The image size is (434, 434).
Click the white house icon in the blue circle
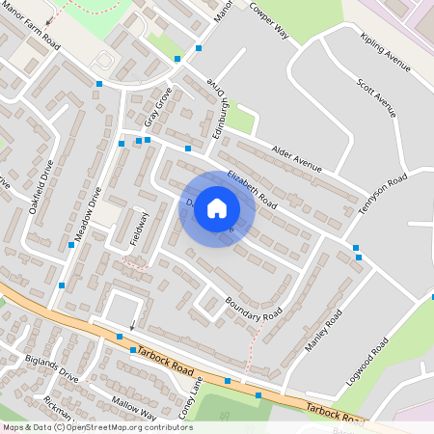[x=217, y=207]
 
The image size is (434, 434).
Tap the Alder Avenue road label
[x=296, y=159]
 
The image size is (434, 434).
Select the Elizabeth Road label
[x=252, y=190]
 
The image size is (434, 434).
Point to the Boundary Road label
[x=253, y=308]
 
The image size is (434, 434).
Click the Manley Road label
[x=324, y=332]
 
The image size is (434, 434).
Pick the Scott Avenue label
[x=376, y=97]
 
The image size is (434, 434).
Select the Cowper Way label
[x=269, y=19]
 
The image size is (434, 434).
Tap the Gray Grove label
[x=157, y=107]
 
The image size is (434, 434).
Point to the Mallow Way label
[x=134, y=406]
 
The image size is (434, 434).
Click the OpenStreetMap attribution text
[x=96, y=427]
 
